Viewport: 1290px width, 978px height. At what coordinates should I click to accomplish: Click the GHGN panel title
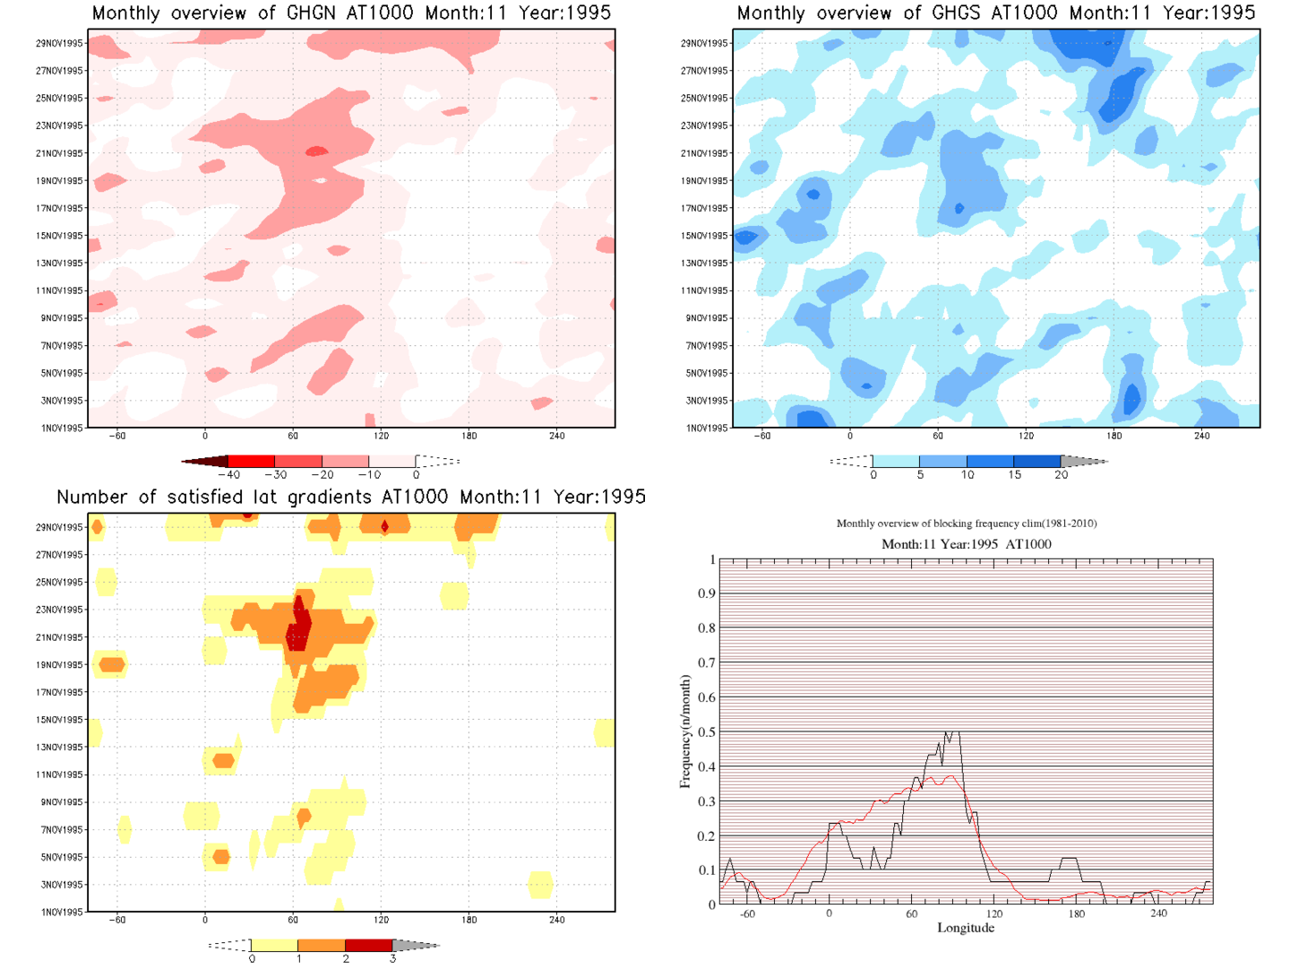[x=351, y=13]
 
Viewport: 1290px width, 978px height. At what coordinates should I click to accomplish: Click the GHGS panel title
[x=995, y=13]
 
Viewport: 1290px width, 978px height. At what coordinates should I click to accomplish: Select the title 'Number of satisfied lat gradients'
[x=351, y=498]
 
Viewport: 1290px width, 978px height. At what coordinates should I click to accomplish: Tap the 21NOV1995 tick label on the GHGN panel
[x=60, y=153]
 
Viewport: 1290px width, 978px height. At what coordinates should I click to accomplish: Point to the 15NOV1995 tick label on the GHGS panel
[x=705, y=236]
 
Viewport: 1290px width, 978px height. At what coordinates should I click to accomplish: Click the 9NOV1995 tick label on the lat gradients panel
[x=63, y=802]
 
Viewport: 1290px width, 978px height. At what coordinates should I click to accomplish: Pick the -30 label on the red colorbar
[x=275, y=475]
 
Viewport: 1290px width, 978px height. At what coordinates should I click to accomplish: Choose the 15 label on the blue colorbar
[x=1014, y=475]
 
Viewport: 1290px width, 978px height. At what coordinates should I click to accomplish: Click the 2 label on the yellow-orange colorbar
[x=346, y=959]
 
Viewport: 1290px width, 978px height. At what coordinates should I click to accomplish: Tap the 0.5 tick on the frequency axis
[x=707, y=732]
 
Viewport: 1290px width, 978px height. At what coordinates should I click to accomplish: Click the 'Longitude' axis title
[x=966, y=928]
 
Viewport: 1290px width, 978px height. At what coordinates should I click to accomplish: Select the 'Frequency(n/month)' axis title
[x=685, y=731]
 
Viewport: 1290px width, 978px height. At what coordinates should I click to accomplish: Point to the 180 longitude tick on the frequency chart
[x=1076, y=913]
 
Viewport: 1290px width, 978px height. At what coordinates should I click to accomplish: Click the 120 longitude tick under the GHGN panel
[x=381, y=436]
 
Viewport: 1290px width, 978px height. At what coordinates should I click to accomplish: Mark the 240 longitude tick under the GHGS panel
[x=1201, y=436]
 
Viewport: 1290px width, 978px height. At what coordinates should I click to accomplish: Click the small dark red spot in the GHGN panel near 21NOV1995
[x=316, y=151]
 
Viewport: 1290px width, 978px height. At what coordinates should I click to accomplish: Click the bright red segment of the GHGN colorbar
[x=252, y=461]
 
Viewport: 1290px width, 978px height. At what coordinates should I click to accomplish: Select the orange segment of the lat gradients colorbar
[x=321, y=945]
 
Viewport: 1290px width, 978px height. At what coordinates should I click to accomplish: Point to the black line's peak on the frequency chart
[x=952, y=732]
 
